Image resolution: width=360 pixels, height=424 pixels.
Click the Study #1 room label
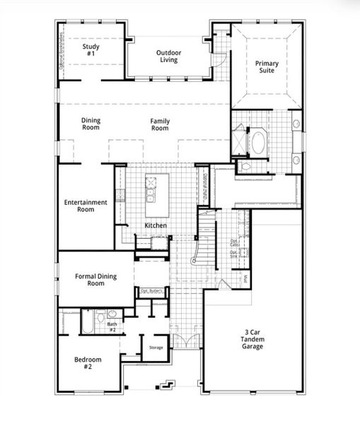tap(91, 50)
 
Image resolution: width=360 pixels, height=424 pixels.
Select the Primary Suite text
tap(267, 67)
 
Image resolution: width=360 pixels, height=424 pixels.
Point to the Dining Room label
tap(91, 124)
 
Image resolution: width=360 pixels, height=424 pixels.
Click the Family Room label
tap(160, 125)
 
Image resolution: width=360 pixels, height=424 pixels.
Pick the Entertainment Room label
tap(85, 206)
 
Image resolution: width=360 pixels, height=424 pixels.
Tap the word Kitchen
tap(156, 225)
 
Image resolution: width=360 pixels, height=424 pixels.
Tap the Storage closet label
tap(156, 348)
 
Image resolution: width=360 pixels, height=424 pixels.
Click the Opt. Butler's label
tap(151, 290)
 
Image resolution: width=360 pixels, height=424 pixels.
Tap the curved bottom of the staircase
tap(194, 261)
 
